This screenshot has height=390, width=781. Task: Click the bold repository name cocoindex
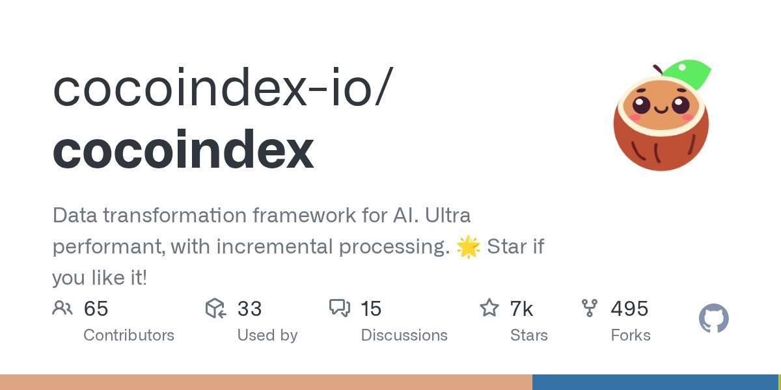coord(184,149)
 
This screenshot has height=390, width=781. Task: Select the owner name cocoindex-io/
coord(223,86)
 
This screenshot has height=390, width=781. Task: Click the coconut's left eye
coord(641,105)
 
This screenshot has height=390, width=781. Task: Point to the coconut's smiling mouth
coord(661,110)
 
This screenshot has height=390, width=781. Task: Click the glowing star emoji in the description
coord(468,246)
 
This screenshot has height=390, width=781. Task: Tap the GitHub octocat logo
coord(714,318)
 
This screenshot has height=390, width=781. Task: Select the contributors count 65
coord(96,309)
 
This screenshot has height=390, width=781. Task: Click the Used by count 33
coord(250,309)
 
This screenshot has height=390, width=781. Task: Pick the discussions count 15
coord(371,309)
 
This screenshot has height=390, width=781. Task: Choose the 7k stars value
coord(521,309)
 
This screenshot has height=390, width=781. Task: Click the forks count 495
coord(629,309)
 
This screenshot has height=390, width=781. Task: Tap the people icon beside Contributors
coord(62,308)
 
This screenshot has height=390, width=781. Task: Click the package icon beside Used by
coord(215,308)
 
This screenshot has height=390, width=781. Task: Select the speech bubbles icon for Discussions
coord(340,308)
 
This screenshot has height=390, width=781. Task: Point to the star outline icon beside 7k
coord(489,308)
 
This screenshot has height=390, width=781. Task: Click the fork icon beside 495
coord(590,308)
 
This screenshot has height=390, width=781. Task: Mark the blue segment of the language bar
coord(655,382)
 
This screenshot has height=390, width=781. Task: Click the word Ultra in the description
coord(448,215)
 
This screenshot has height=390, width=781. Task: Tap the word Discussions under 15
coord(404,335)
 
